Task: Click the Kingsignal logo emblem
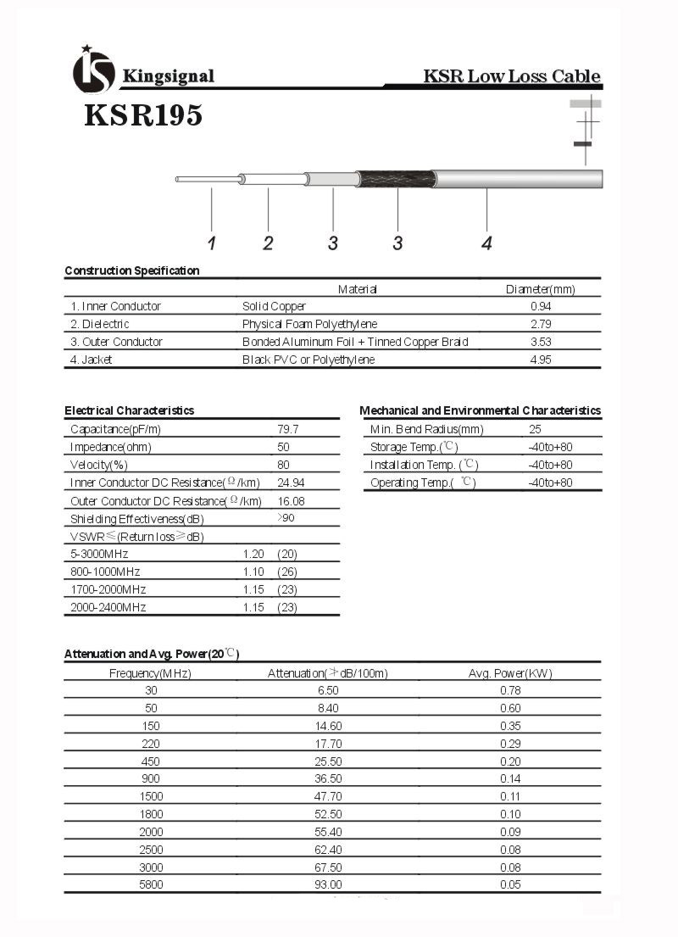click(x=93, y=70)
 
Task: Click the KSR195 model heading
click(x=143, y=114)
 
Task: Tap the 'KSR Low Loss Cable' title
click(x=512, y=76)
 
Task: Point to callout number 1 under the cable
click(x=212, y=243)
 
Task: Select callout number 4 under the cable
click(x=486, y=243)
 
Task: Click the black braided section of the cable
click(x=397, y=179)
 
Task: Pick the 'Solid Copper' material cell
click(x=274, y=306)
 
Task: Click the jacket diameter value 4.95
click(x=541, y=360)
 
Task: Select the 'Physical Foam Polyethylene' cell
click(x=309, y=324)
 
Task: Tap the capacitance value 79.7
click(x=288, y=429)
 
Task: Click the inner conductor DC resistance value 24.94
click(x=291, y=482)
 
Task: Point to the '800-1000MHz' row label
click(x=105, y=572)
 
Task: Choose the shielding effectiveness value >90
click(x=286, y=518)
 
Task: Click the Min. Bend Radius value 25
click(x=535, y=429)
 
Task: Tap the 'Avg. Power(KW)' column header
click(x=509, y=673)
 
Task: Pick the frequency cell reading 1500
click(x=151, y=796)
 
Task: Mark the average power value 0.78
click(x=510, y=690)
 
